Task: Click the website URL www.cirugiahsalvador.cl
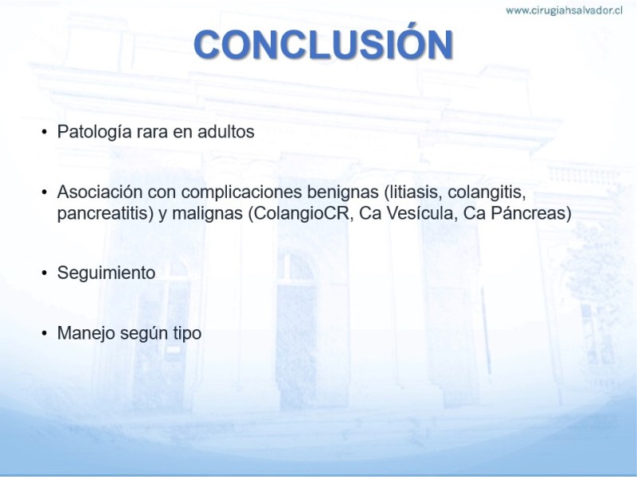point(564,10)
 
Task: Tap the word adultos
point(226,131)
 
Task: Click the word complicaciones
point(242,192)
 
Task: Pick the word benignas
point(343,192)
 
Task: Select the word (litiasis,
point(412,192)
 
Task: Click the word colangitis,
point(487,192)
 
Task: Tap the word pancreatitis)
point(106,213)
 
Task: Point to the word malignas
point(208,213)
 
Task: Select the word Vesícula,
point(422,212)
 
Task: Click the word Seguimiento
point(107,273)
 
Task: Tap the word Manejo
point(86,334)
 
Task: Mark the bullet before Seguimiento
point(45,273)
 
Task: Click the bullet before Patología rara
point(45,132)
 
